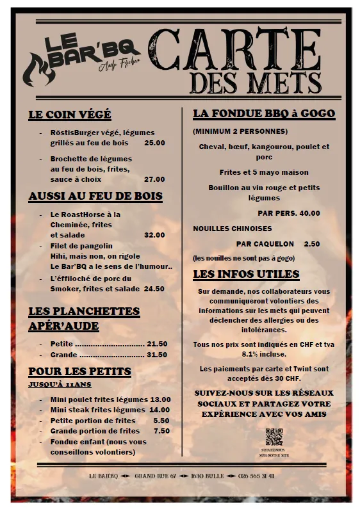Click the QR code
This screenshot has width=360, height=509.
click(x=274, y=437)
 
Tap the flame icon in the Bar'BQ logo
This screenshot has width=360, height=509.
click(x=38, y=71)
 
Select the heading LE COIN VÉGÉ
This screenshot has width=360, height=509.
click(x=70, y=115)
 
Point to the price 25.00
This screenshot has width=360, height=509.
click(x=154, y=143)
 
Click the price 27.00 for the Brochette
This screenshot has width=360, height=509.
click(x=154, y=179)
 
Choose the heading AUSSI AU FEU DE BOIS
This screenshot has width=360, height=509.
click(x=95, y=196)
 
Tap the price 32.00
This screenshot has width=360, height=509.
click(x=154, y=235)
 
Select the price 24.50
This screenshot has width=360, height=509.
click(x=154, y=289)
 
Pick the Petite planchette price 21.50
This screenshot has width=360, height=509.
click(x=157, y=344)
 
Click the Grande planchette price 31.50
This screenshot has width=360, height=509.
click(x=157, y=354)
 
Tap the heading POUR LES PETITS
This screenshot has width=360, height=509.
click(x=79, y=371)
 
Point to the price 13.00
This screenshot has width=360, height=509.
click(x=160, y=399)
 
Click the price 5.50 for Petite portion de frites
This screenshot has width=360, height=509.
click(x=161, y=420)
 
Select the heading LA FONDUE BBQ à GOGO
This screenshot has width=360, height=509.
click(x=264, y=114)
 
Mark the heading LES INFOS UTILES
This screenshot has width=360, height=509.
click(x=246, y=274)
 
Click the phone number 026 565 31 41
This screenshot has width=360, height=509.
click(x=256, y=476)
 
